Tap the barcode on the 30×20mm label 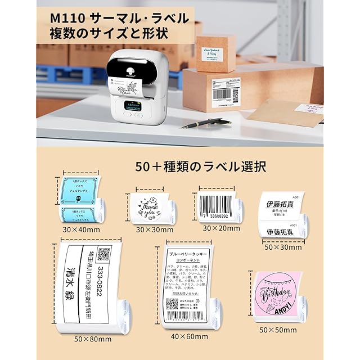click(x=217, y=201)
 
